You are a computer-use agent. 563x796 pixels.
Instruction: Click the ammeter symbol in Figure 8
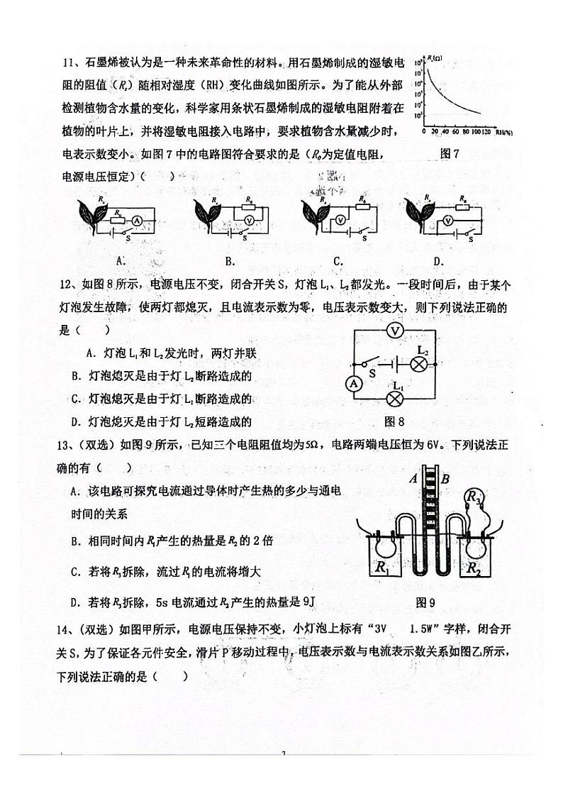pos(353,384)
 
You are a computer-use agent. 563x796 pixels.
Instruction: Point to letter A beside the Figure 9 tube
pos(413,479)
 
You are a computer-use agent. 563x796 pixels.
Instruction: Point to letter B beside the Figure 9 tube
pos(445,479)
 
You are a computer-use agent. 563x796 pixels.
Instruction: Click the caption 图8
pos(394,421)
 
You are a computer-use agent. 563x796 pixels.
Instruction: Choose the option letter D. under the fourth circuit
pos(438,260)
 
